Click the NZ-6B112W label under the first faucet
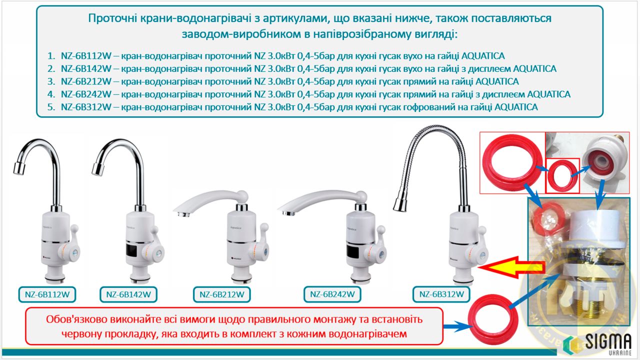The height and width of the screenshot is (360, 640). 47,294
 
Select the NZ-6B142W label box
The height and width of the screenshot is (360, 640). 128,294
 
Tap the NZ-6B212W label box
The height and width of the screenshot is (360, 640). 221,294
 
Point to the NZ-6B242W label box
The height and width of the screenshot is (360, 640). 332,294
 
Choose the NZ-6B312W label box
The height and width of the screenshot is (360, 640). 441,294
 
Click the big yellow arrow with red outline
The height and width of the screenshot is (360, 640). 511,267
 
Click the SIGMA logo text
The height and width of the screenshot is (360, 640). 608,341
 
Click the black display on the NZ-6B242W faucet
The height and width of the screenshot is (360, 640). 353,251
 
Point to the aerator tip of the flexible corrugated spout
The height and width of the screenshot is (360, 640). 400,205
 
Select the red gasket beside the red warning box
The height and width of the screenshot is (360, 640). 493,320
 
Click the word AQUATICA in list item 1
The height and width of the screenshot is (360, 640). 483,56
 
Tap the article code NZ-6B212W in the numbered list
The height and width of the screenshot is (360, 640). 86,81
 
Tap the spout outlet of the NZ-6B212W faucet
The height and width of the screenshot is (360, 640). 182,213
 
